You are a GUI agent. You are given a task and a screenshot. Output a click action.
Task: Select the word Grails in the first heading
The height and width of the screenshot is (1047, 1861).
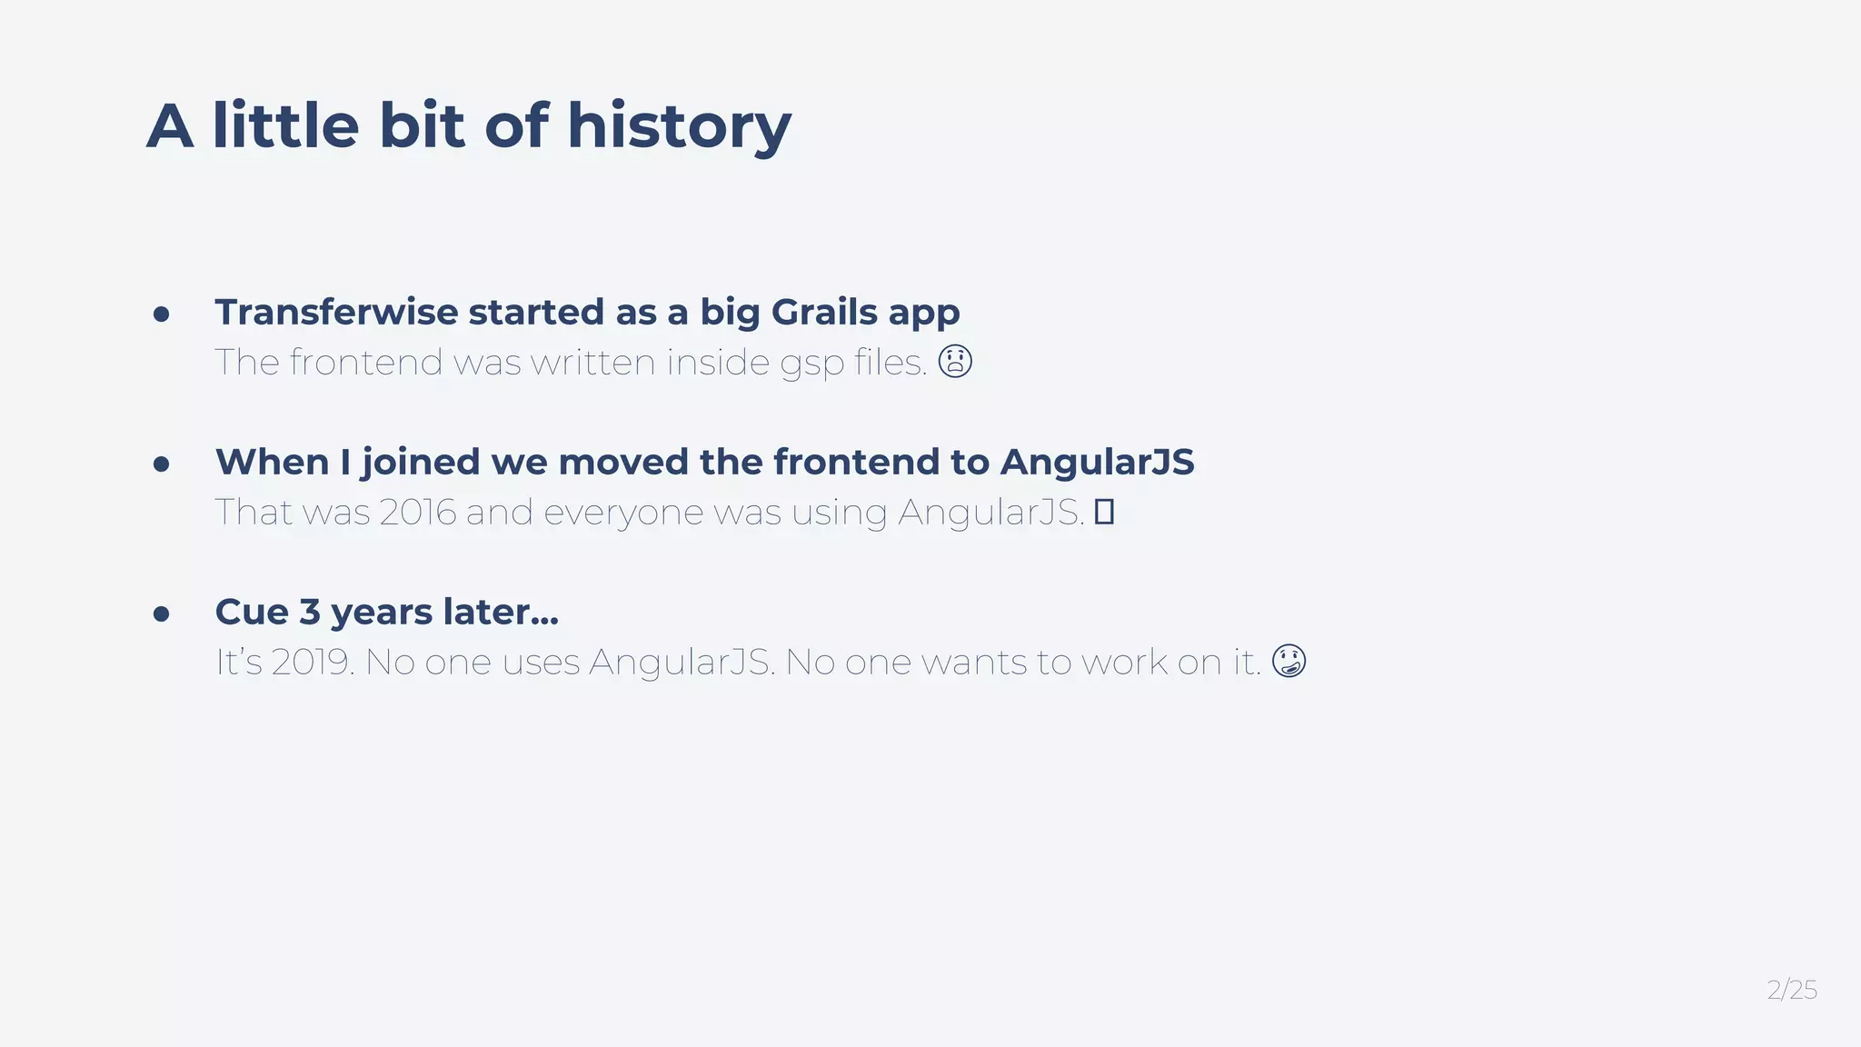824,312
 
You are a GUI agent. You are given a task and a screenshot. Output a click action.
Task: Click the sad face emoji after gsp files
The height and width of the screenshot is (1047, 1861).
955,361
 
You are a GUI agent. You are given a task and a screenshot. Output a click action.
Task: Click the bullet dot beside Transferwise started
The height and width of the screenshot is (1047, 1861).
162,314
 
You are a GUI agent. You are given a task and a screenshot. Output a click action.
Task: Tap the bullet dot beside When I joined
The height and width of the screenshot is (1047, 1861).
162,464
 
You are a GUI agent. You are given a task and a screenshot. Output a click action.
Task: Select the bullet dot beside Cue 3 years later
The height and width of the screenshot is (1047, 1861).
162,614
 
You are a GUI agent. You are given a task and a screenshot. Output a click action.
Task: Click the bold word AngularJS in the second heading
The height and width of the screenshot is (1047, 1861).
1097,462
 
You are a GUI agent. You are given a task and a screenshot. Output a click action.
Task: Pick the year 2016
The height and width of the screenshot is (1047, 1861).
417,512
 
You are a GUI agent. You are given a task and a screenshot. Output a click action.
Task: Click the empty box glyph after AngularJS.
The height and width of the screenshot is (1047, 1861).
1104,512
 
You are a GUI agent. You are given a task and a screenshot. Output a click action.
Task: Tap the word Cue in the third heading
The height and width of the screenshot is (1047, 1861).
251,612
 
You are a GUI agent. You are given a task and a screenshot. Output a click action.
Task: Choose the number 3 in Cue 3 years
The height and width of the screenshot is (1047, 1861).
310,612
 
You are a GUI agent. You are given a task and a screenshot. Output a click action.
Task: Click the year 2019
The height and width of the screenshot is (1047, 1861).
311,662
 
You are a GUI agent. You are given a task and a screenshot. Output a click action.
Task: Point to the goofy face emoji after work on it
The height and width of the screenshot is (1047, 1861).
1289,661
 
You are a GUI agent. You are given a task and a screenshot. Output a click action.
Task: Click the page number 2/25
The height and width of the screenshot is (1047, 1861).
1791,990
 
